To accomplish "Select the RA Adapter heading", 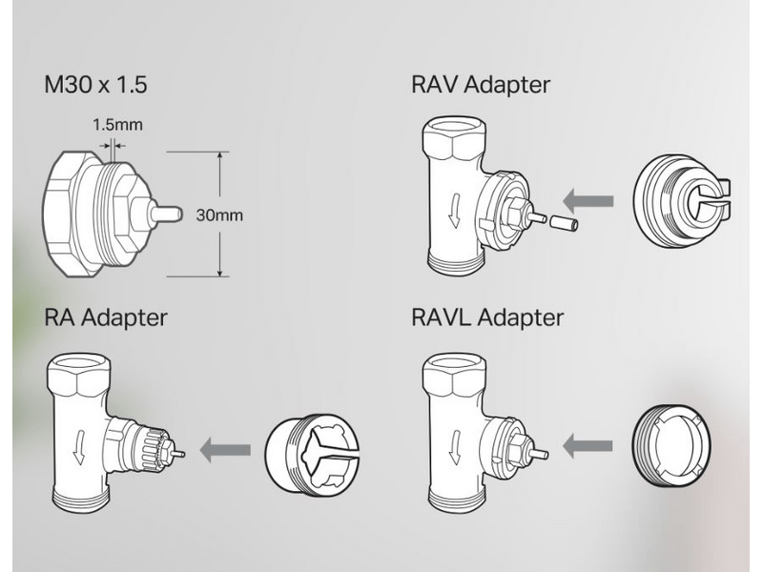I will tap(105, 317).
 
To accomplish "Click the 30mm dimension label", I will tap(218, 215).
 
